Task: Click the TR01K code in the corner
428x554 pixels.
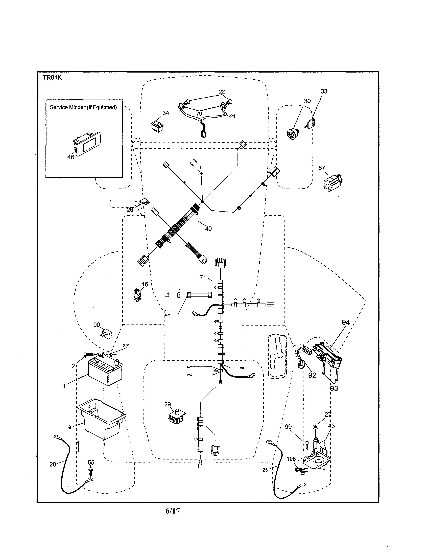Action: pyautogui.click(x=52, y=78)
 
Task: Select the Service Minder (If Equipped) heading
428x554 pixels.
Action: pyautogui.click(x=83, y=107)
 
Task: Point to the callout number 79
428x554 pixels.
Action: pyautogui.click(x=199, y=114)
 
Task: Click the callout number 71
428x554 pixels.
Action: pyautogui.click(x=203, y=278)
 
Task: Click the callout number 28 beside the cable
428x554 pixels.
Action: pyautogui.click(x=53, y=464)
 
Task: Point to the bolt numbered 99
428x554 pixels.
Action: pyautogui.click(x=307, y=445)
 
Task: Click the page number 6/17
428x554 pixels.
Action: pyautogui.click(x=173, y=511)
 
